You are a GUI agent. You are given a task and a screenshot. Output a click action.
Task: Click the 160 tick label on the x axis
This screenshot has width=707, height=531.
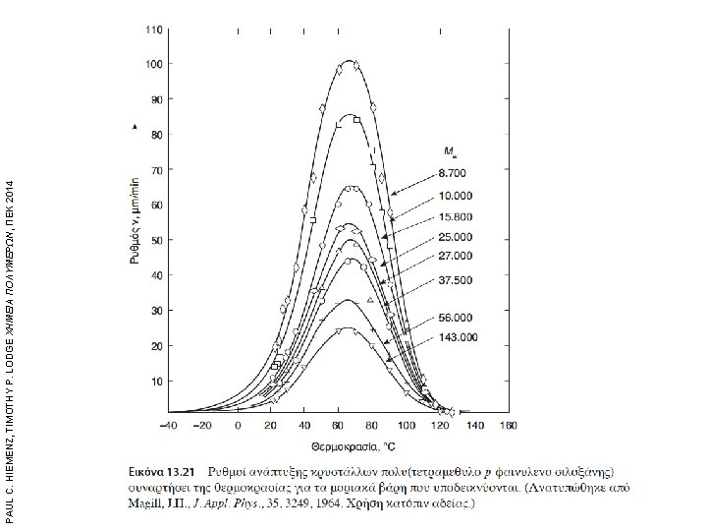point(505,427)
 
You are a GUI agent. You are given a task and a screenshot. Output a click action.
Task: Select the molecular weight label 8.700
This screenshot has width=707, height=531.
point(455,173)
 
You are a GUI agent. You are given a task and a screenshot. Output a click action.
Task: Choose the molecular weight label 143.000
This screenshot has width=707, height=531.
point(457,337)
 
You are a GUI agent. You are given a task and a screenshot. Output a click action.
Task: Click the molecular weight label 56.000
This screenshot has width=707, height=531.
point(455,319)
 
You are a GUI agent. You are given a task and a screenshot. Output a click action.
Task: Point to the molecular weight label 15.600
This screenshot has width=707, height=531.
point(455,215)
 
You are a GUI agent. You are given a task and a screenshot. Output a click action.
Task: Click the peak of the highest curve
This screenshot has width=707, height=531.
point(349,60)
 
